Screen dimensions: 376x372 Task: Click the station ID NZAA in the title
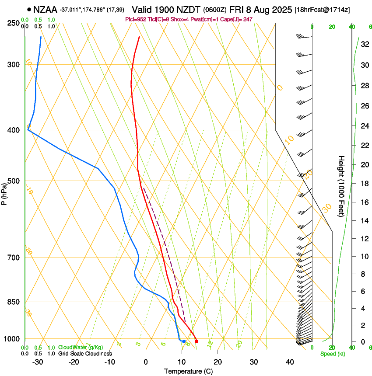click(45, 9)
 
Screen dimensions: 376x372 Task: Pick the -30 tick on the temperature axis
click(37, 362)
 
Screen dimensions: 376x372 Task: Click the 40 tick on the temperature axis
click(289, 362)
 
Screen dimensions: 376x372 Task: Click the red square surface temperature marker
click(197, 341)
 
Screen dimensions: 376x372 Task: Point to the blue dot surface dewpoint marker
click(184, 341)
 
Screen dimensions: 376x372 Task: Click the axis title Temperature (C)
click(188, 371)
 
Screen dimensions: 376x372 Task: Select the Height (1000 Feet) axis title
click(341, 186)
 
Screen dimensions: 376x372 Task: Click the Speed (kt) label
click(332, 353)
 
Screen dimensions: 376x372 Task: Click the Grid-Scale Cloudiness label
click(85, 353)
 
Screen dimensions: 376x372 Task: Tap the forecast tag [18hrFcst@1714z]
click(323, 10)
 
